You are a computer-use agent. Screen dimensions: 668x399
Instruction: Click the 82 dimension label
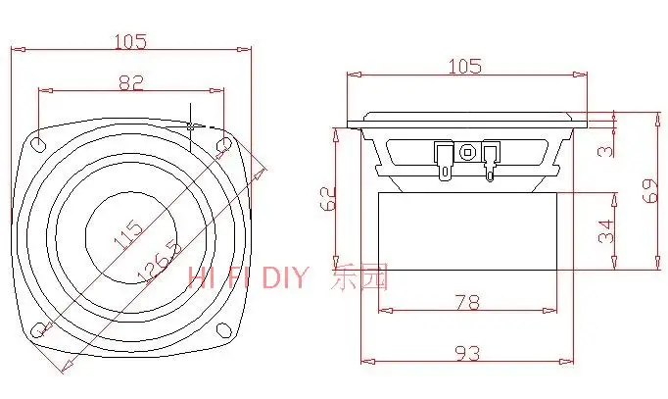[131, 82]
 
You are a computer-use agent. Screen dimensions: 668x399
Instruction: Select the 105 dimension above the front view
[131, 42]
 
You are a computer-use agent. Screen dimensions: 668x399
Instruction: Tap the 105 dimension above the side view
[465, 66]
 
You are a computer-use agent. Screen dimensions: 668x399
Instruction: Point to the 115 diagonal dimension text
[128, 234]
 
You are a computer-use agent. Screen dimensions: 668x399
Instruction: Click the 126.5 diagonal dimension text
[160, 262]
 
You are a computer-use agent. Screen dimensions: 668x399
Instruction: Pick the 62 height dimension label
[328, 199]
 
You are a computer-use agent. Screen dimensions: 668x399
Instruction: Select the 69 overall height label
[651, 190]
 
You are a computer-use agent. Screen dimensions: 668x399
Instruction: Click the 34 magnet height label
[606, 231]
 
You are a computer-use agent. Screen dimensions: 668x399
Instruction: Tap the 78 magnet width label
[468, 302]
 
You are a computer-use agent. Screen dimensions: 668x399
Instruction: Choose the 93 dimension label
[468, 353]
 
